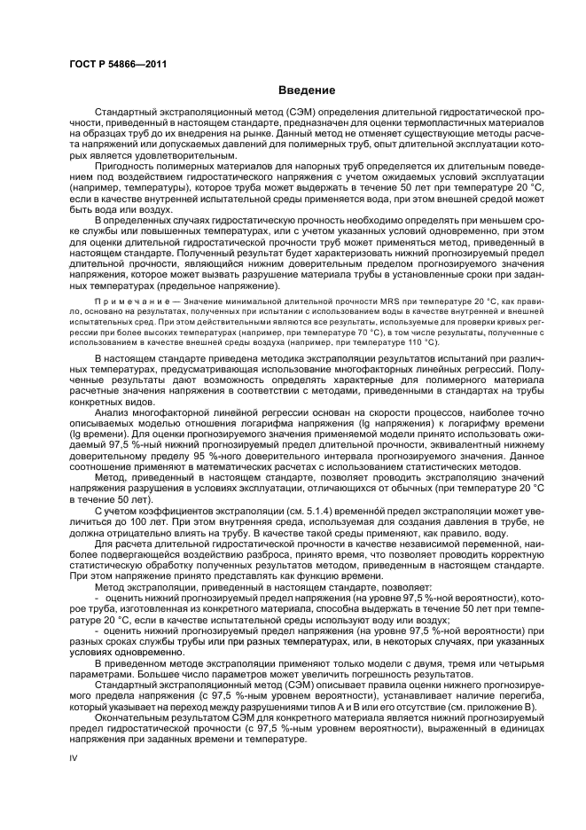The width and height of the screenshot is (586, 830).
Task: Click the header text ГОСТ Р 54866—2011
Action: coord(119,65)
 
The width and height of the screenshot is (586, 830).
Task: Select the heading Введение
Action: coord(306,90)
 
